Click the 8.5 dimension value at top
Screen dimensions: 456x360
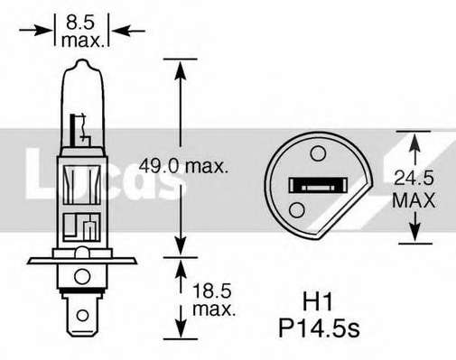coord(80,23)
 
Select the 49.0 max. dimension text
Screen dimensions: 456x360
coord(183,166)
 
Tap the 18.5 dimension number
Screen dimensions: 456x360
coord(211,291)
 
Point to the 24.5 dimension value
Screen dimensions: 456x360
coord(414,178)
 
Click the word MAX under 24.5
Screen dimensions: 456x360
coord(414,200)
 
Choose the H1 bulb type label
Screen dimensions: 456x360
coord(318,302)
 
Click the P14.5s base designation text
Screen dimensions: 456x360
coord(319,328)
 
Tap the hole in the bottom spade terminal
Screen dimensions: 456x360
coord(82,316)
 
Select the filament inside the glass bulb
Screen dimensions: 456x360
coord(79,128)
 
